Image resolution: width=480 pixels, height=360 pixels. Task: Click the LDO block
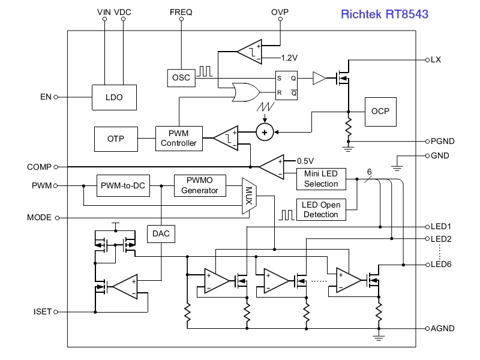click(x=114, y=97)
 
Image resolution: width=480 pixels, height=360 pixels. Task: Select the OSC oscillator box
click(x=181, y=78)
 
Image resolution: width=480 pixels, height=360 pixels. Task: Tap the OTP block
click(x=116, y=139)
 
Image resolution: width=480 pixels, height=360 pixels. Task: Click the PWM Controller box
click(x=179, y=139)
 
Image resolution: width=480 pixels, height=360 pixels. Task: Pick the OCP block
click(x=380, y=112)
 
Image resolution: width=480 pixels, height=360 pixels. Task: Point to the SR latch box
click(x=286, y=85)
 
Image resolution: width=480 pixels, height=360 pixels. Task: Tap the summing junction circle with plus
click(x=265, y=132)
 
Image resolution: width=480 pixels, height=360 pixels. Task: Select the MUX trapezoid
click(x=249, y=196)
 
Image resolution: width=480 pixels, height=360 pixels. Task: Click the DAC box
click(x=161, y=234)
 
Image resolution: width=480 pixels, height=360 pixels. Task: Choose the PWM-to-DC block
click(x=123, y=185)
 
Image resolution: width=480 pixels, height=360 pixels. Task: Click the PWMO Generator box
click(x=200, y=185)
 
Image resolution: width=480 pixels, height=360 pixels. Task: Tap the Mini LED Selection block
click(x=321, y=179)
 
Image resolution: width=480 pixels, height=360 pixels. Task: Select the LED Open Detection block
click(x=321, y=209)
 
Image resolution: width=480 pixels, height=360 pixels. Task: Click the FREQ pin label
click(x=181, y=12)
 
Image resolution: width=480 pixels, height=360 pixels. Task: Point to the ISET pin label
click(x=42, y=311)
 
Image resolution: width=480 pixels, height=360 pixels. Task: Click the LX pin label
click(x=436, y=59)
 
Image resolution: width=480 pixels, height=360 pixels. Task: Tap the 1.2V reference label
click(x=289, y=58)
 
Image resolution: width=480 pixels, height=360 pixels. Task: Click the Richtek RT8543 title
click(x=385, y=14)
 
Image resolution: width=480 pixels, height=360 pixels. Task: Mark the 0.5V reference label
click(x=305, y=161)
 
